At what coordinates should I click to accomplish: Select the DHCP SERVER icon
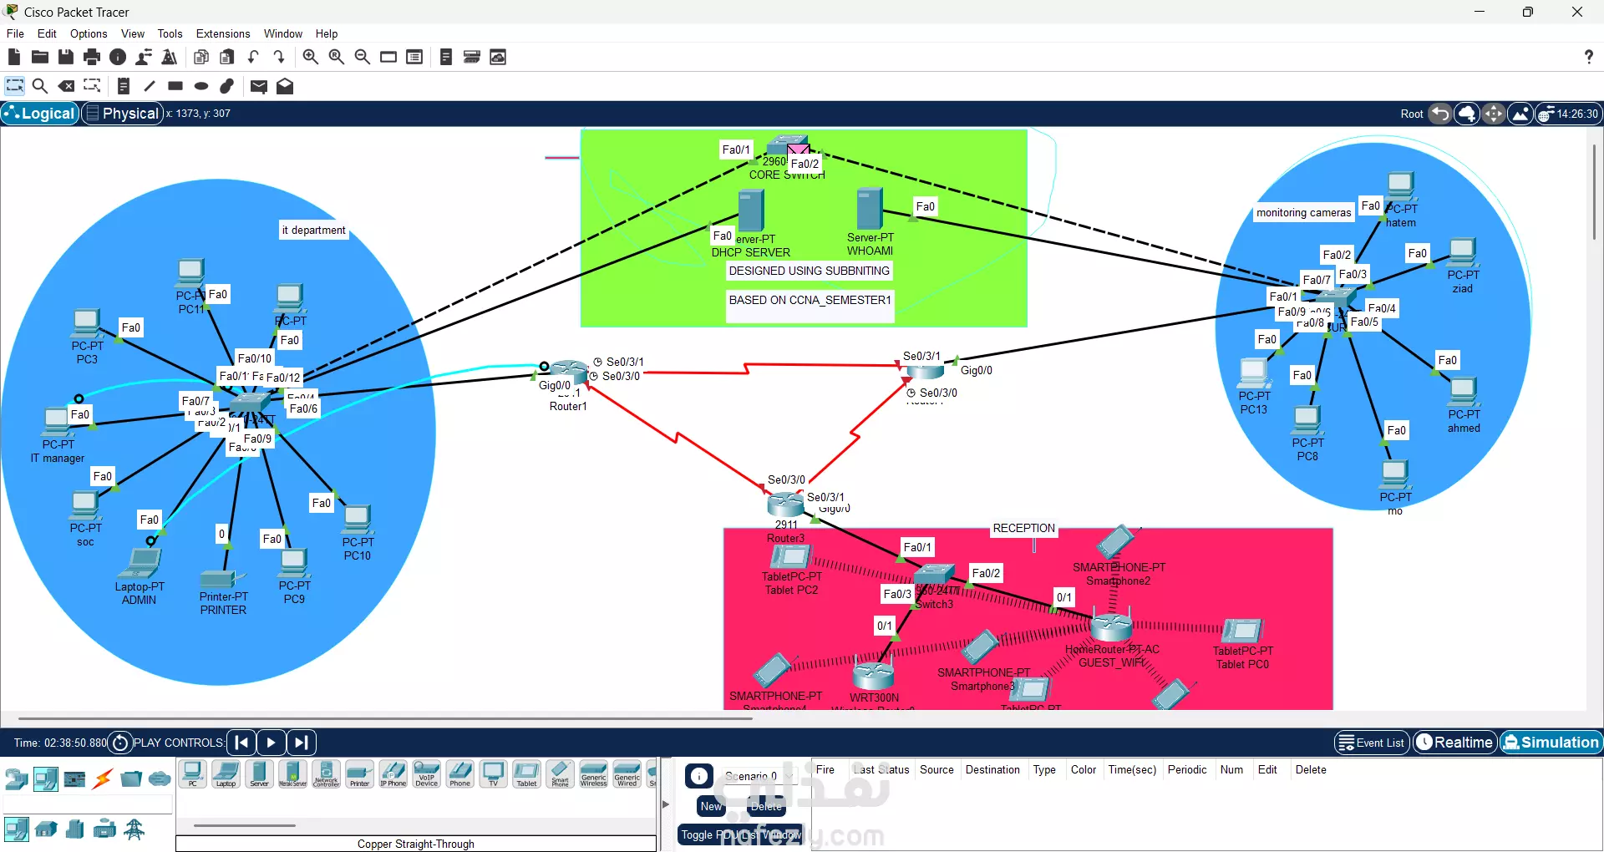(x=751, y=210)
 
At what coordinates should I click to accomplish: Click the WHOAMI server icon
(x=870, y=208)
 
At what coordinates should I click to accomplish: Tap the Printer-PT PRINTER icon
(x=221, y=578)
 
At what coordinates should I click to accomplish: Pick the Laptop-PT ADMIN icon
(x=140, y=564)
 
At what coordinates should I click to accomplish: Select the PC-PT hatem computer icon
(x=1400, y=185)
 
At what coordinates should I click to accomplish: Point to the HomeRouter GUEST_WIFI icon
(x=1111, y=626)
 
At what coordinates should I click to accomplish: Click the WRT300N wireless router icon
(x=874, y=673)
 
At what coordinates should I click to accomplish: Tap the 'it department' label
(x=313, y=230)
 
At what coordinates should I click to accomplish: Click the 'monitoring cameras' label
(x=1303, y=213)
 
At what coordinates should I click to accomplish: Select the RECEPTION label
(x=1023, y=528)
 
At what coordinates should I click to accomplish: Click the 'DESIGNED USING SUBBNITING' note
(x=809, y=271)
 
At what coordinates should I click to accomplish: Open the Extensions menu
(x=223, y=33)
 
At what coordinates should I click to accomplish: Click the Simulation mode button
(x=1551, y=743)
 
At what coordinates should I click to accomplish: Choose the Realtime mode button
(x=1454, y=743)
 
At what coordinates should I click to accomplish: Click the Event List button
(x=1371, y=743)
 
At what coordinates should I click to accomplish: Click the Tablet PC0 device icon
(x=1242, y=631)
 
